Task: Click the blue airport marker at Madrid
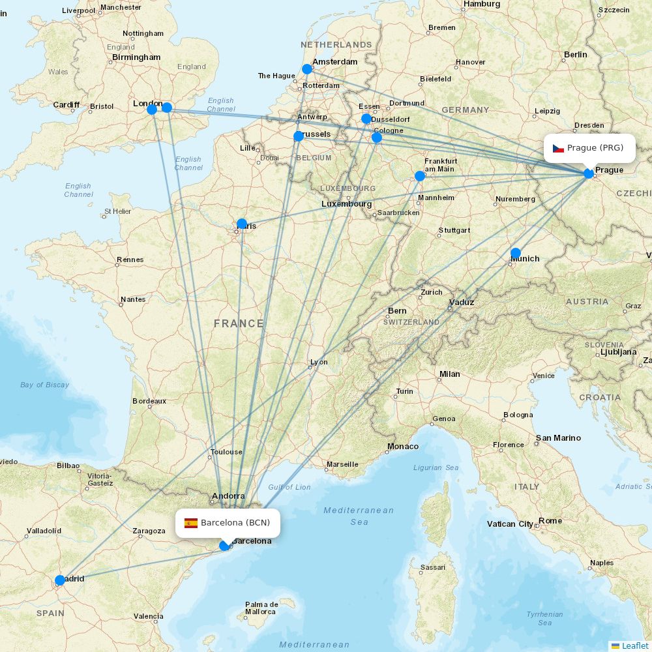tap(60, 580)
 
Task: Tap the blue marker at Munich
tap(516, 253)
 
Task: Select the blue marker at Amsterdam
tap(307, 69)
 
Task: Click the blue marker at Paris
tap(242, 224)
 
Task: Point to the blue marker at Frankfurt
tap(420, 176)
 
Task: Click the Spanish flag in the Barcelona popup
tap(191, 523)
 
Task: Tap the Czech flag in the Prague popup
tap(558, 148)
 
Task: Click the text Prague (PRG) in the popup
tap(595, 148)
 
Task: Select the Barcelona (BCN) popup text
tap(235, 523)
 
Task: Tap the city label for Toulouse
tap(226, 452)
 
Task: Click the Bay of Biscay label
tap(44, 385)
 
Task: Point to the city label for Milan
tap(449, 374)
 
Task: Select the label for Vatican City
tap(510, 524)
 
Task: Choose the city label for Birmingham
tap(136, 57)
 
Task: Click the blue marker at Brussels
tap(299, 136)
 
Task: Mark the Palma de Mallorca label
tap(261, 608)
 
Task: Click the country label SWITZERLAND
tap(411, 323)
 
